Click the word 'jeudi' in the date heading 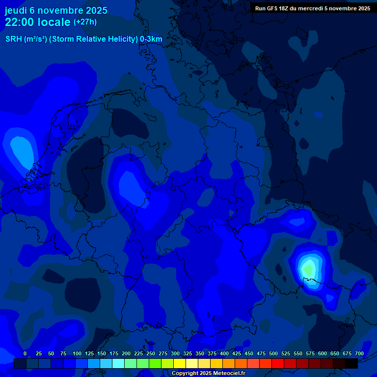click(x=16, y=10)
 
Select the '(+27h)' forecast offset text click(x=85, y=22)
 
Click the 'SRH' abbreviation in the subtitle click(x=13, y=39)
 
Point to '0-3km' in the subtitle click(x=151, y=39)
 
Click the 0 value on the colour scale click(x=25, y=353)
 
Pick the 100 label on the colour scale click(x=77, y=353)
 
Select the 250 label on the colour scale click(x=151, y=353)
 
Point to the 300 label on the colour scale click(x=175, y=353)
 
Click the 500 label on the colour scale click(x=273, y=353)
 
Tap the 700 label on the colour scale click(x=359, y=353)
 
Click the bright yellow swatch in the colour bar click(x=180, y=363)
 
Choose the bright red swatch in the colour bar click(x=278, y=363)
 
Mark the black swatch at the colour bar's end click(x=351, y=363)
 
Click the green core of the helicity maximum click(x=308, y=269)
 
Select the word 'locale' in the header click(x=56, y=22)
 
